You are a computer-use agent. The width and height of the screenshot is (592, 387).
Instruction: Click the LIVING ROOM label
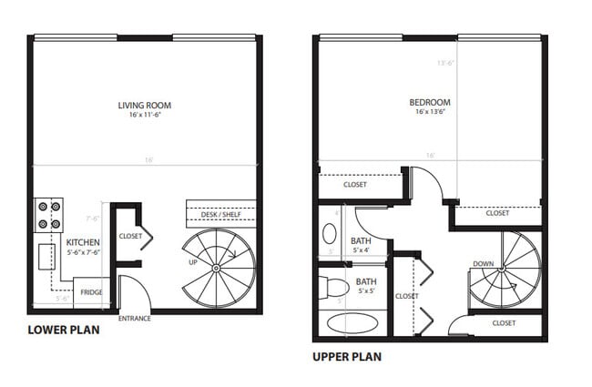(x=144, y=106)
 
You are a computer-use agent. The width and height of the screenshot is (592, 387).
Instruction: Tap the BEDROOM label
(x=433, y=103)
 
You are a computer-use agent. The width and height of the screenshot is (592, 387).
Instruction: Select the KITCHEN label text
(x=83, y=242)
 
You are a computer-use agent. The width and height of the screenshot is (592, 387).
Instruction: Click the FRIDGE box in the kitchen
(x=91, y=292)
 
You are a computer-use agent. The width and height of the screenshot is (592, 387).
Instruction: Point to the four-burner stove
(x=47, y=214)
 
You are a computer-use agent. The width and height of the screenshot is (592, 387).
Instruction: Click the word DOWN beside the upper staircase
(x=483, y=264)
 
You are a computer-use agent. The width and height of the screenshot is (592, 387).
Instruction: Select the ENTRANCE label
(x=135, y=319)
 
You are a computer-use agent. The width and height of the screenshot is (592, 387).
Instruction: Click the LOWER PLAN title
(x=64, y=331)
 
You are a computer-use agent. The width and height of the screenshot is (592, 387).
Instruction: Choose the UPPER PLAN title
(x=347, y=356)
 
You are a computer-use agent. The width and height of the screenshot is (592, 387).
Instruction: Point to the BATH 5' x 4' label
(x=361, y=245)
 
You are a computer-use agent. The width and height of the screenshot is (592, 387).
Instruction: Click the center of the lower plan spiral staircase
(x=216, y=269)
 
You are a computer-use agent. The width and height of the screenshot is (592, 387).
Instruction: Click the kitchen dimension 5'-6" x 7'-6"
(x=82, y=252)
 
